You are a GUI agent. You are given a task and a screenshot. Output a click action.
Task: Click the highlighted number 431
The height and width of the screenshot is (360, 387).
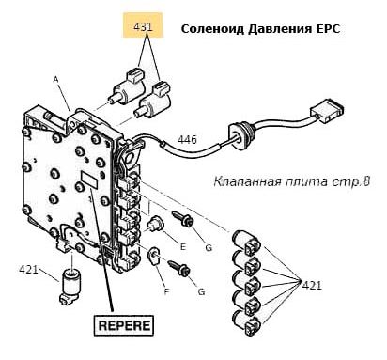(x=143, y=26)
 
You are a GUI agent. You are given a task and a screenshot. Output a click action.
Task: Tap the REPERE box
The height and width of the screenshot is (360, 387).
(x=124, y=325)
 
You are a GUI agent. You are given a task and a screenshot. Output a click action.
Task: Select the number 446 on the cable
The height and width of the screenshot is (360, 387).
(x=187, y=139)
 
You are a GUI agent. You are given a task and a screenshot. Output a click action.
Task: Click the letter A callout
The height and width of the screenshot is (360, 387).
(x=55, y=80)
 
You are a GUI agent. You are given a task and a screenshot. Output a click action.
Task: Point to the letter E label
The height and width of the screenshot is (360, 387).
(x=183, y=247)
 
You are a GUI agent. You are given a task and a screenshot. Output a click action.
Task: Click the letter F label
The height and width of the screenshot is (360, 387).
(x=166, y=291)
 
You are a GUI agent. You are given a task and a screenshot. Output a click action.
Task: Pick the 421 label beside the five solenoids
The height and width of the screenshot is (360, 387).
(x=312, y=285)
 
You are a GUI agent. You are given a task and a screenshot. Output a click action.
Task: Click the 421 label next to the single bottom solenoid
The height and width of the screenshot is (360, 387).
(x=28, y=269)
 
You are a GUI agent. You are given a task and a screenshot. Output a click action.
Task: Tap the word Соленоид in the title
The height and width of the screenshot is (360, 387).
(x=212, y=29)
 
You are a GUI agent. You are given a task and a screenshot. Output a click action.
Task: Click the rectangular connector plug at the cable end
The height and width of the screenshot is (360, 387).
(x=327, y=112)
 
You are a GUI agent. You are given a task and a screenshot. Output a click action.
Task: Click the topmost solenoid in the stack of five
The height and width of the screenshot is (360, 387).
(x=246, y=243)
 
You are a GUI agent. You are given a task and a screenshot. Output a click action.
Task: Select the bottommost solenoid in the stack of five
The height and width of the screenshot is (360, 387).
(x=246, y=322)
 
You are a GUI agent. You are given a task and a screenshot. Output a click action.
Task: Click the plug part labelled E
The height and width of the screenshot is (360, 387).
(x=155, y=225)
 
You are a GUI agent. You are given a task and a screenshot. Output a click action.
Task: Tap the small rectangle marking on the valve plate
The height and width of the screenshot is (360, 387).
(x=89, y=180)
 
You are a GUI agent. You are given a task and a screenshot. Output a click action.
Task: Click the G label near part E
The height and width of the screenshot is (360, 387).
(x=209, y=247)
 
